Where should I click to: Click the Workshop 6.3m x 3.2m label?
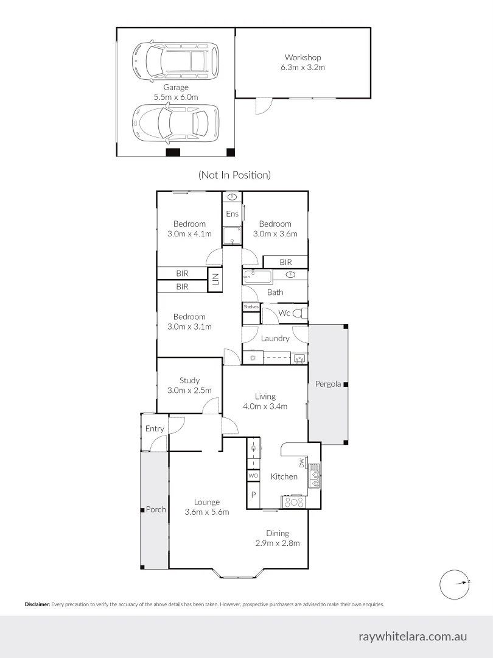(302, 62)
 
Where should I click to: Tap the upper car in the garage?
(175, 60)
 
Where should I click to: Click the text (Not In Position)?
(234, 175)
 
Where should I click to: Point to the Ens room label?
(232, 214)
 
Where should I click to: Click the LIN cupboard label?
(215, 280)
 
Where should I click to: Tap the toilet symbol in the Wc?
(299, 313)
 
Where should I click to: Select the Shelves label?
(251, 307)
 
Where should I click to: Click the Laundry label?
(275, 338)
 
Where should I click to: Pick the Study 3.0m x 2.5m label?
(189, 386)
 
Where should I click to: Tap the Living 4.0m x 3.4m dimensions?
(265, 406)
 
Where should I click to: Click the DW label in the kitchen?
(301, 465)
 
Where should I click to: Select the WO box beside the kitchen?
(253, 476)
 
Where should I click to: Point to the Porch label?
(156, 509)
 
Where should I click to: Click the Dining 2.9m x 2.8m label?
(277, 538)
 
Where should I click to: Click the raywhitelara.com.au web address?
(413, 636)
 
